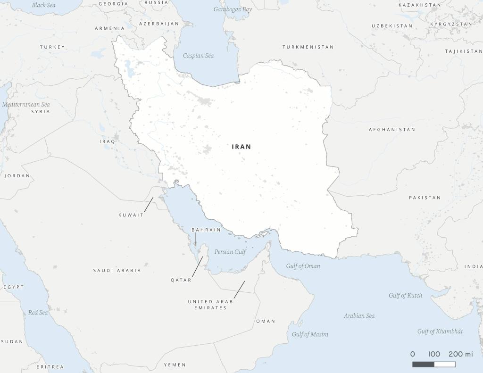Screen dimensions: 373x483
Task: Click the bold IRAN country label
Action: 241,147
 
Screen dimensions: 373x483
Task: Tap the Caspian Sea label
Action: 198,56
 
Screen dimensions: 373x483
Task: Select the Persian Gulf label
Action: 230,252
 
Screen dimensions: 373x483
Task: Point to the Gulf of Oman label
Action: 303,266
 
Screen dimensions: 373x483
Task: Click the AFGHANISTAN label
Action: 392,130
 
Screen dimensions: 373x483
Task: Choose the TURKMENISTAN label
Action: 308,47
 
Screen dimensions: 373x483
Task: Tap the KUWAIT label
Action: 131,215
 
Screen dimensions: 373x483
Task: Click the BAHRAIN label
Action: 206,230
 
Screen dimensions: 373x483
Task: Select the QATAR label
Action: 181,280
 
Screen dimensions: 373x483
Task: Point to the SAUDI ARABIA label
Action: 117,271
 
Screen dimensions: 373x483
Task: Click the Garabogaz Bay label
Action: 233,9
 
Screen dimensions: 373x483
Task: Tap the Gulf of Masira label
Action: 310,334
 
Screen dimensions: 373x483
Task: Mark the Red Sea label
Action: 38,312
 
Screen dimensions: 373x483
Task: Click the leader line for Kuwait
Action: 149,204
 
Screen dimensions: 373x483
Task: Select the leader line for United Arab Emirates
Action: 239,289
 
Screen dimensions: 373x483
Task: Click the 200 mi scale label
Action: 460,354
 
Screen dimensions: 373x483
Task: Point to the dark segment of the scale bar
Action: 423,364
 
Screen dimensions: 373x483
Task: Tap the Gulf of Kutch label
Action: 405,296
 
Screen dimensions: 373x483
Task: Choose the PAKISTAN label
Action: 425,198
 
